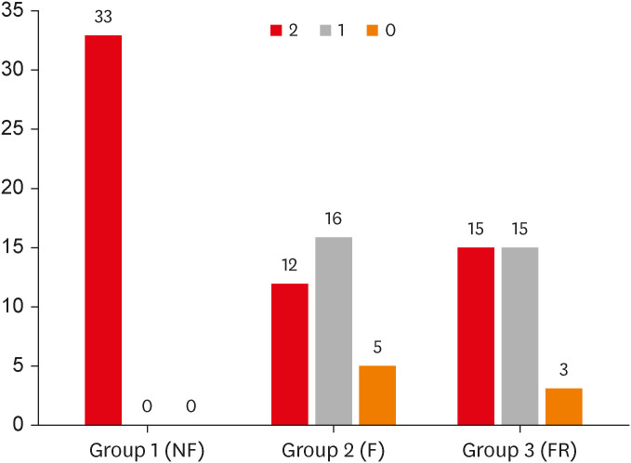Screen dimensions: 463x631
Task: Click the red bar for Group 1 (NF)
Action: click(x=102, y=230)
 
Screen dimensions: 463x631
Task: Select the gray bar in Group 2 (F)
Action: click(x=334, y=331)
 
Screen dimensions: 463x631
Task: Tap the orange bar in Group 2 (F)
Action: click(x=377, y=395)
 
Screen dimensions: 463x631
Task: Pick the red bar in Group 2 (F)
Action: click(x=289, y=354)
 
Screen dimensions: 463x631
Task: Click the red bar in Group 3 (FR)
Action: click(x=475, y=336)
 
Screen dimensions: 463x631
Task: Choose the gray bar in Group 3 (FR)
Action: click(x=519, y=336)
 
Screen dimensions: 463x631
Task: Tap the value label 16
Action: click(x=334, y=220)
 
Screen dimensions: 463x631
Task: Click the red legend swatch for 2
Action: click(x=276, y=31)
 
